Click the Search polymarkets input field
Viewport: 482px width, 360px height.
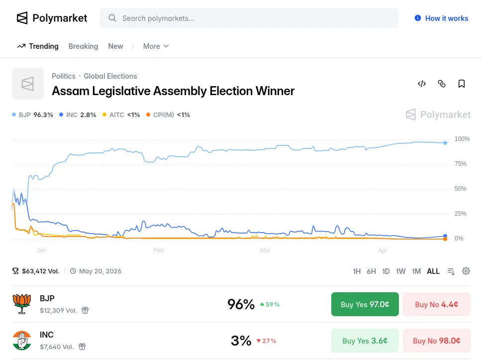click(249, 18)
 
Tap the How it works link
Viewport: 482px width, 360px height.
click(441, 18)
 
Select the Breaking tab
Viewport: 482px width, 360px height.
click(83, 46)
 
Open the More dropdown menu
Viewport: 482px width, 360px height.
click(156, 46)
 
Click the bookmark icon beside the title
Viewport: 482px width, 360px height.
click(462, 84)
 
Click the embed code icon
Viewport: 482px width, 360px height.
click(422, 84)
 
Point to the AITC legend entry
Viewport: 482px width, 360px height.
click(121, 115)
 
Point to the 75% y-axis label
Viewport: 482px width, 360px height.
click(460, 164)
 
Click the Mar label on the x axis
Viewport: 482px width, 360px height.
click(265, 250)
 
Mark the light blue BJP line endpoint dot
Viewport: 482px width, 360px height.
click(445, 143)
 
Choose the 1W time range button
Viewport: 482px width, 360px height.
click(400, 271)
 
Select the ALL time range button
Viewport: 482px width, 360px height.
click(433, 271)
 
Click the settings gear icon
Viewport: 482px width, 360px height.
click(466, 271)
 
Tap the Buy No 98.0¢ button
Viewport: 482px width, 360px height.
click(436, 341)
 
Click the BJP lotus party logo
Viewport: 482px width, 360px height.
click(22, 304)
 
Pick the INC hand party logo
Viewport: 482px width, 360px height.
click(22, 341)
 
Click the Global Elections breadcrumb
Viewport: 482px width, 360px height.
click(110, 76)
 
